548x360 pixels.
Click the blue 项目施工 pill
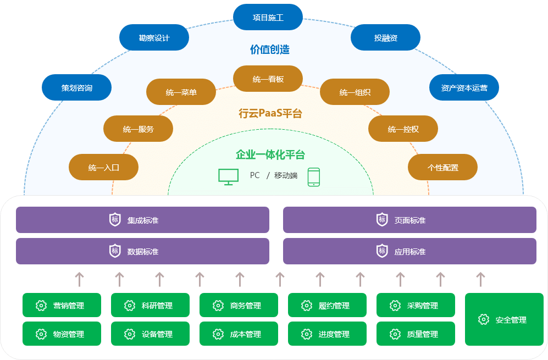268,18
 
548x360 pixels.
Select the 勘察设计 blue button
154,38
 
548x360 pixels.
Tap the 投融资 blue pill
385,38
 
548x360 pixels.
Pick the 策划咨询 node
76,88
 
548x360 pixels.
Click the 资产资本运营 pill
464,88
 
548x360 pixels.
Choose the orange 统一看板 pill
268,79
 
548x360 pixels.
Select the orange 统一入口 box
103,168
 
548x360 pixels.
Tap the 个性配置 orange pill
442,168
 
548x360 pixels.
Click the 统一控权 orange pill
403,129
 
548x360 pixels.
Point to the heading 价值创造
269,50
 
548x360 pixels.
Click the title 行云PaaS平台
270,114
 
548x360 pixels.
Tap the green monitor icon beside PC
229,176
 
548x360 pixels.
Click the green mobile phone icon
313,176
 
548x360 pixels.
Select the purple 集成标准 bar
142,220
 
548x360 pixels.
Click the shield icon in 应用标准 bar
382,251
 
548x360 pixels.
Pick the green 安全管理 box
504,319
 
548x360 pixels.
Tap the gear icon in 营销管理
41,306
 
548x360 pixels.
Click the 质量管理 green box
416,334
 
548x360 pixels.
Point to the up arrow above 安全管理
480,279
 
